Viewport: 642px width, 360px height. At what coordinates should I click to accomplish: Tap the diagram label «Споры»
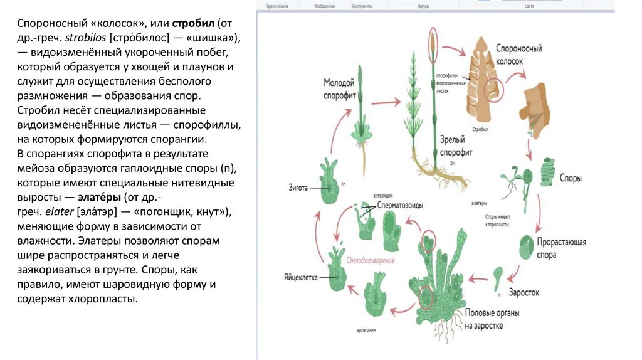click(x=571, y=178)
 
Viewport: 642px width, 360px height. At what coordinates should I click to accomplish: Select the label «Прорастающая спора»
click(x=562, y=249)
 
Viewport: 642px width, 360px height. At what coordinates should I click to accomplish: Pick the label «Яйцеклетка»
click(x=301, y=277)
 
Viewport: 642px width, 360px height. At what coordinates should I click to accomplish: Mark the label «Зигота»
click(x=302, y=186)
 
